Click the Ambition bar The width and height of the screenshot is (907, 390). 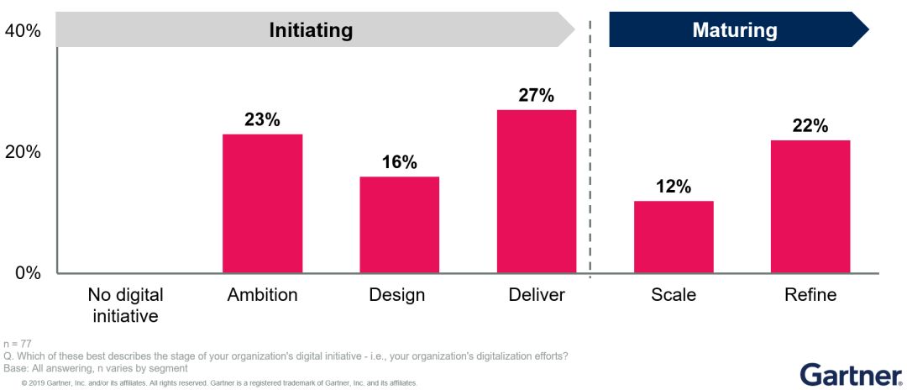(x=262, y=203)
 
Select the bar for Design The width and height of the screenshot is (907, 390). (x=399, y=224)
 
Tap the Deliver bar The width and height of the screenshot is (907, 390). (x=537, y=192)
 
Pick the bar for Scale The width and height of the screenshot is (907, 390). (x=674, y=237)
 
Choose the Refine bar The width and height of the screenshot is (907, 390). (x=810, y=206)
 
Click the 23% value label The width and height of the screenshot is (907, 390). (x=262, y=120)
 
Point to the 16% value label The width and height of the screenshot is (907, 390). (x=399, y=162)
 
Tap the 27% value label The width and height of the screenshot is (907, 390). (x=537, y=96)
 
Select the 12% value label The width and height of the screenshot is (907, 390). (x=674, y=187)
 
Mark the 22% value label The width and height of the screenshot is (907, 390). (x=810, y=126)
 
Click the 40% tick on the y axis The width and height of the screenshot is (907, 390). (x=23, y=31)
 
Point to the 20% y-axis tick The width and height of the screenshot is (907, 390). (x=23, y=152)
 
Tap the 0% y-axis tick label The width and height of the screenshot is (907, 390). (x=27, y=273)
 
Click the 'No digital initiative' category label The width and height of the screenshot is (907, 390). (x=125, y=305)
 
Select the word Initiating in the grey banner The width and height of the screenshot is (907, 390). (x=311, y=31)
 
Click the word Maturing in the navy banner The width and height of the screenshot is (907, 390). (x=735, y=31)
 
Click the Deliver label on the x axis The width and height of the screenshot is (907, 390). (x=537, y=295)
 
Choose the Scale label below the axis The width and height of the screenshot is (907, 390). (x=674, y=295)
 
